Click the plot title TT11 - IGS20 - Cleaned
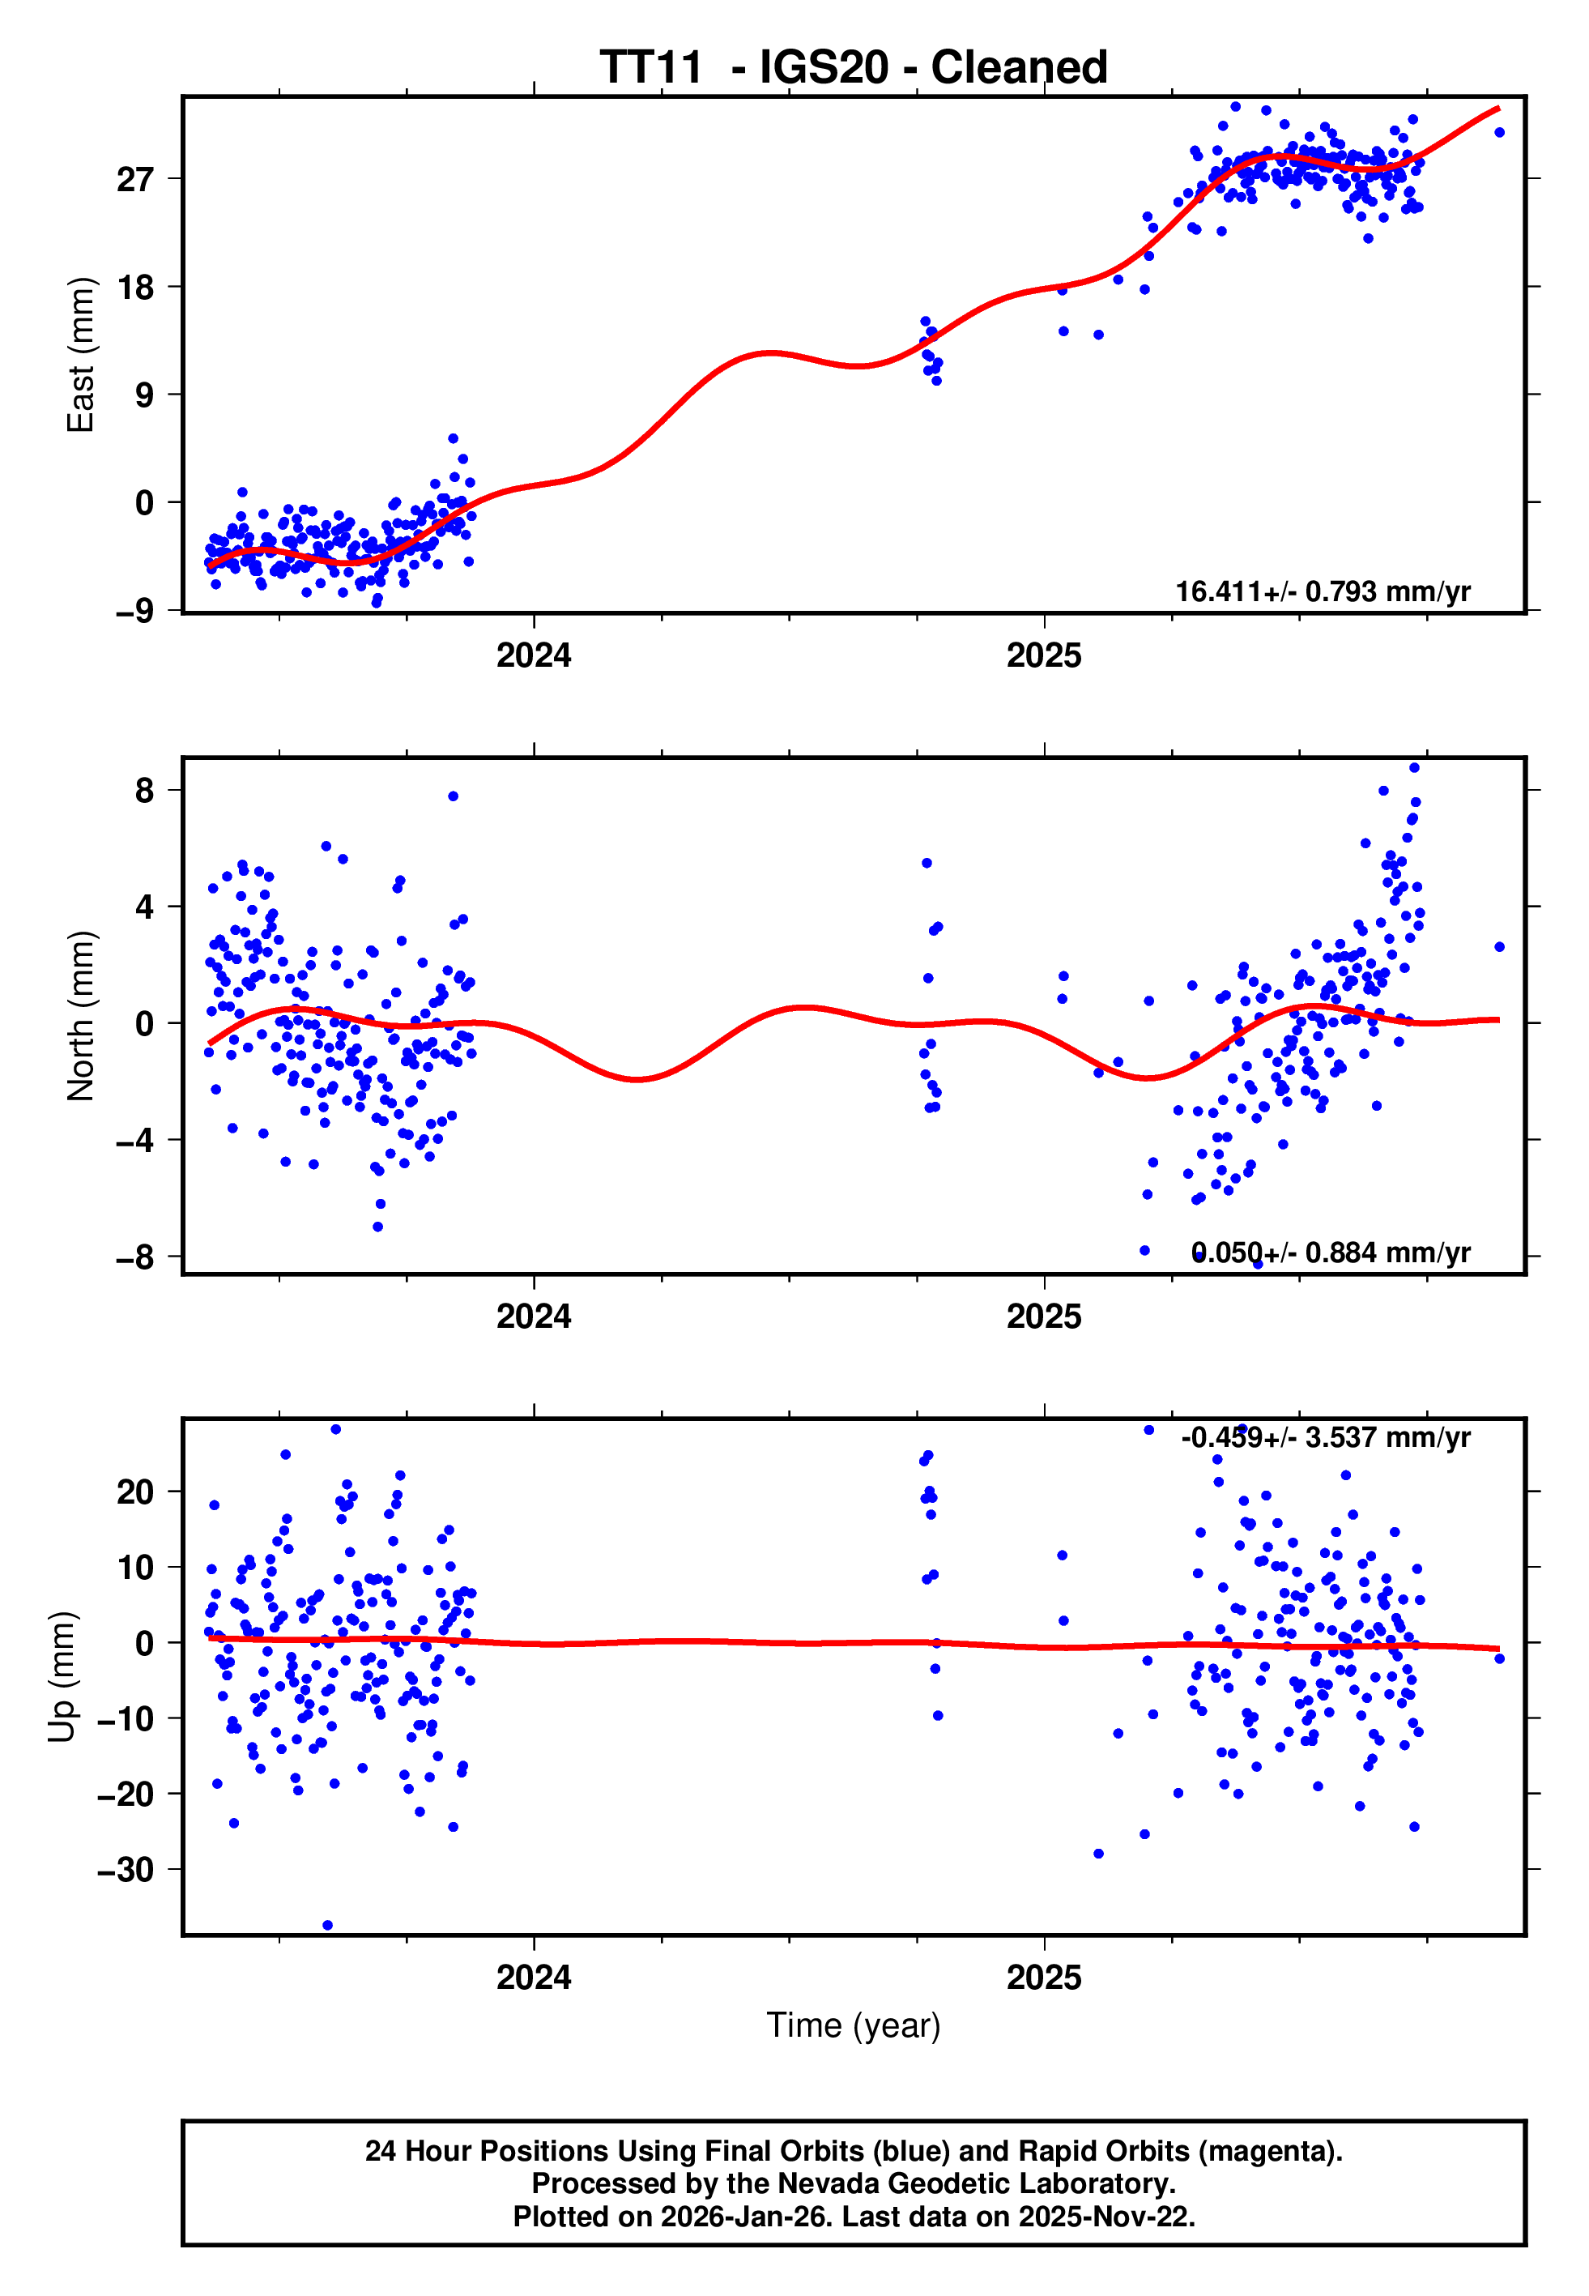point(854,68)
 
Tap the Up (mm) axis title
point(62,1677)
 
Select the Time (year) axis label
point(854,2025)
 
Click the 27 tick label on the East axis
point(135,180)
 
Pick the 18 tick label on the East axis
point(135,288)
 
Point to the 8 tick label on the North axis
point(144,791)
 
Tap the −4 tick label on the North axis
point(134,1140)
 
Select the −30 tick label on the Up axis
point(126,1870)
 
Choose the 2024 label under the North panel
point(534,1317)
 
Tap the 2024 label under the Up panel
point(534,1978)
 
